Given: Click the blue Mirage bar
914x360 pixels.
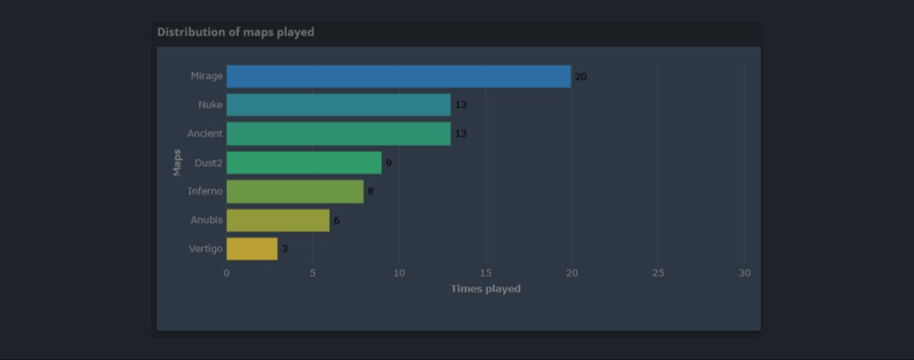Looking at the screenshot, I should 398,77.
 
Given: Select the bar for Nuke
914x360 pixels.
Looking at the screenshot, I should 338,105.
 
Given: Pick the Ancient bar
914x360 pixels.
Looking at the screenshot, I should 338,133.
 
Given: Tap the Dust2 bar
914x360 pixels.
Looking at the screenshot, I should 304,163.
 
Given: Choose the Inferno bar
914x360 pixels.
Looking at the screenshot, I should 295,191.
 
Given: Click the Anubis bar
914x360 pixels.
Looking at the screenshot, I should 278,221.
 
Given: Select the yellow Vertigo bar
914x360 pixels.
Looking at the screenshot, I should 252,249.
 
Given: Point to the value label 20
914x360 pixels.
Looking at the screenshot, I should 581,77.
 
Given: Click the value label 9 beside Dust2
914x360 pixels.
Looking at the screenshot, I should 389,163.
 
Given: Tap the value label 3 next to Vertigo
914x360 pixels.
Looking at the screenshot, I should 285,249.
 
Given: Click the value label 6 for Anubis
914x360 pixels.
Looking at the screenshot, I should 336,221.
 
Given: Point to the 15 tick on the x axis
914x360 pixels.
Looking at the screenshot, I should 486,273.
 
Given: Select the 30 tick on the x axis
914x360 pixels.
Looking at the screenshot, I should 745,273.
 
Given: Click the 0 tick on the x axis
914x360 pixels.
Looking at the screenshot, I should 227,273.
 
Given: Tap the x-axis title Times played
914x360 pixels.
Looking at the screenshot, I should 485,289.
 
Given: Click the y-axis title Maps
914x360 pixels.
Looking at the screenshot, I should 177,162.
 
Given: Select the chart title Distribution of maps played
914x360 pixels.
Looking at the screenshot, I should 236,32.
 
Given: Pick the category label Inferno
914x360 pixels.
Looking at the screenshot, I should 205,191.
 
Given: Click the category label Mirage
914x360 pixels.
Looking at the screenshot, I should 207,76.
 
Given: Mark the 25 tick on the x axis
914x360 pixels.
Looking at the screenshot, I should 658,273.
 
